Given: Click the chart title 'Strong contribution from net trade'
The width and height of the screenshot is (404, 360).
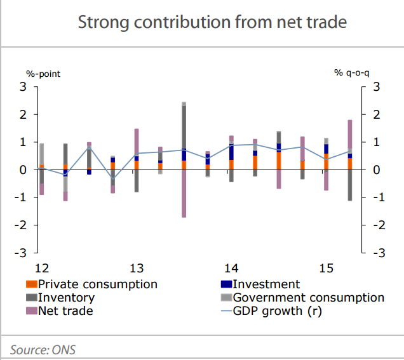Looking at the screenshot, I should pyautogui.click(x=212, y=23).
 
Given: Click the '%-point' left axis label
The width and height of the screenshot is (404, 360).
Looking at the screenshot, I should pyautogui.click(x=43, y=74).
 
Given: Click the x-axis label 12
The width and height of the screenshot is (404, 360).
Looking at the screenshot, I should pyautogui.click(x=41, y=268).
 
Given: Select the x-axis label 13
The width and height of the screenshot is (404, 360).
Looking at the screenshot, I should pyautogui.click(x=136, y=268).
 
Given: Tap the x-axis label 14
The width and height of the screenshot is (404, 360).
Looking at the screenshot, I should pyautogui.click(x=231, y=268).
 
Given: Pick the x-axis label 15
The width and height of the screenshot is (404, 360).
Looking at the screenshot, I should pyautogui.click(x=326, y=268).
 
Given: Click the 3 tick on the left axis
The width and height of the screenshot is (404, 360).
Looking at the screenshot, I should pyautogui.click(x=24, y=87).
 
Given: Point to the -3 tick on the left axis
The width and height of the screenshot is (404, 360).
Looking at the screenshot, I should pyautogui.click(x=22, y=253).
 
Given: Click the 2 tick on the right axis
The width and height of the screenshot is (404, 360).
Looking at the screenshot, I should pyautogui.click(x=377, y=115).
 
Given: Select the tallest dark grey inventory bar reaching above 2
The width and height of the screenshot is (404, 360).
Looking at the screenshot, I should pyautogui.click(x=184, y=127).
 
